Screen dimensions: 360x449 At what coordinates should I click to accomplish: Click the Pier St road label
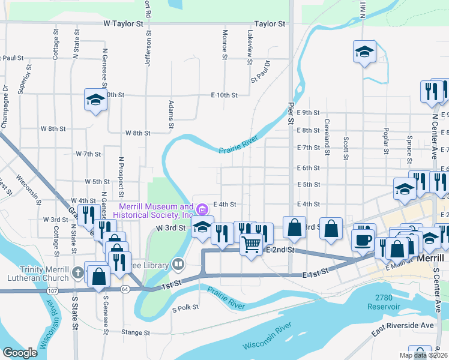coord(290,113)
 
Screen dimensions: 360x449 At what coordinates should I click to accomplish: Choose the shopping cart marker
coord(252,244)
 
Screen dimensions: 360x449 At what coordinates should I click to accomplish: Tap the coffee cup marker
coord(364,239)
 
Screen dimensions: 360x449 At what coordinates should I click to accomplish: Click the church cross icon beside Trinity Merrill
coord(77,273)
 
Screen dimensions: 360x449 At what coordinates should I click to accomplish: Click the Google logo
coord(19,353)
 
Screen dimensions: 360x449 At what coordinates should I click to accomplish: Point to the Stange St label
coord(135,332)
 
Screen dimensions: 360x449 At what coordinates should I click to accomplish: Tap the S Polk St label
coord(185,310)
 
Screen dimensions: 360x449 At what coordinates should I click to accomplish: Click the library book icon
coord(178,263)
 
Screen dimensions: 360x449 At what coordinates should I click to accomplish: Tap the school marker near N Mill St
coord(364,52)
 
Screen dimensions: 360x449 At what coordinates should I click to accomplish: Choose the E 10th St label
coord(224,95)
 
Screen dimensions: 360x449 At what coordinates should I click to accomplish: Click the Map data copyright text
coord(423,355)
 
